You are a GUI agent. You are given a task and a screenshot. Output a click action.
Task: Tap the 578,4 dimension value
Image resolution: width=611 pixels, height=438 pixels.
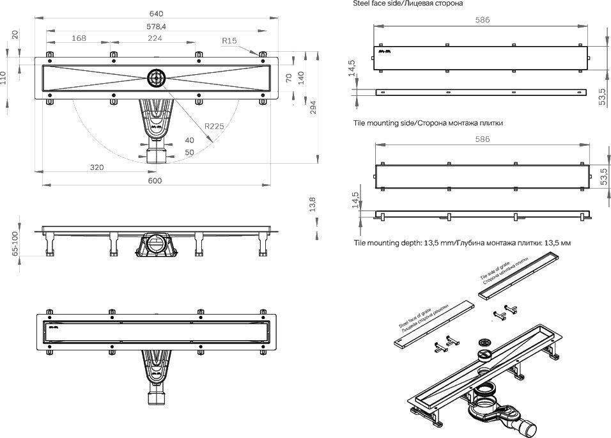[157, 26]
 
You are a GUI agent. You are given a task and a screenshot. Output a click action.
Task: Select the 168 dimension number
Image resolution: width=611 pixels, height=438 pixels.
[79, 38]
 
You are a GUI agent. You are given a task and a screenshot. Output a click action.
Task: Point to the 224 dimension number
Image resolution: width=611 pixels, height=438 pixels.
[155, 38]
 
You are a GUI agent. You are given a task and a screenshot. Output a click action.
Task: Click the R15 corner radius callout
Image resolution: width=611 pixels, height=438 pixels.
[229, 41]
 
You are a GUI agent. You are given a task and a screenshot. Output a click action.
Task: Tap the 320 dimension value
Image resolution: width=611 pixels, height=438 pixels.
[97, 168]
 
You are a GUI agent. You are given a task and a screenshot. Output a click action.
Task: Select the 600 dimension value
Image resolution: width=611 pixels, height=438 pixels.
[155, 181]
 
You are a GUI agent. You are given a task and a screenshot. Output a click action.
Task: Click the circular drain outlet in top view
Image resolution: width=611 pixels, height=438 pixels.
[156, 78]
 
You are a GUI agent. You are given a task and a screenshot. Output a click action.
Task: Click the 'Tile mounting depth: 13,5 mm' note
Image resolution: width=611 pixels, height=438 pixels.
[462, 243]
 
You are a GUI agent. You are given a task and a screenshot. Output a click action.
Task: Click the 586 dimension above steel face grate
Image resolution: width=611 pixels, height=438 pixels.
[482, 20]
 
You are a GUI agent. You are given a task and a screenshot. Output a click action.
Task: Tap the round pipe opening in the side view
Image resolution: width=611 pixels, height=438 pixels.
[154, 243]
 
